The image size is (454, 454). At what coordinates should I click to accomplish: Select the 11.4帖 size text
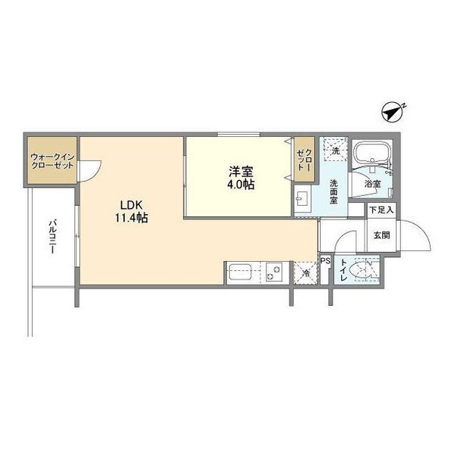tap(131, 218)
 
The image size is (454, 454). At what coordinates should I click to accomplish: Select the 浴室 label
tap(372, 184)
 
